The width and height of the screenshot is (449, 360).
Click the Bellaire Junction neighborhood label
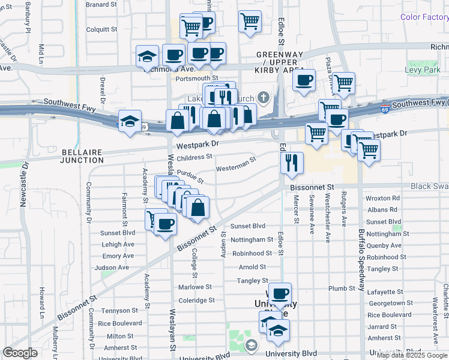coord(83,156)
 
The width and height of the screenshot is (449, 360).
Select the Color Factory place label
coord(424,16)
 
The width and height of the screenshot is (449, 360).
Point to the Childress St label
coord(194,157)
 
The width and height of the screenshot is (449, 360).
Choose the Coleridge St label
coord(196,300)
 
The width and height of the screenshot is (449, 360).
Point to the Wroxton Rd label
coord(382,198)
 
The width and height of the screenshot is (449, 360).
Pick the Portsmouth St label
coord(197,78)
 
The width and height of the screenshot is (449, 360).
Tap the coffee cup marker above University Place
coord(279,293)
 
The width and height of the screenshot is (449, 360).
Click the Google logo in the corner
coord(20,353)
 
